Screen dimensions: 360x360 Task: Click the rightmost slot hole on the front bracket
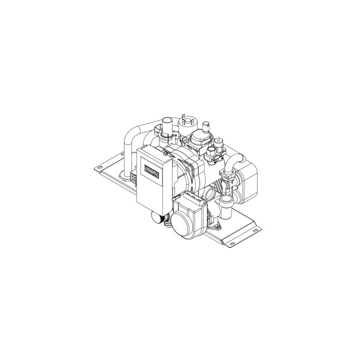tap(258, 229)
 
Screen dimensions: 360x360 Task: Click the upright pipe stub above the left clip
tap(167, 125)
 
